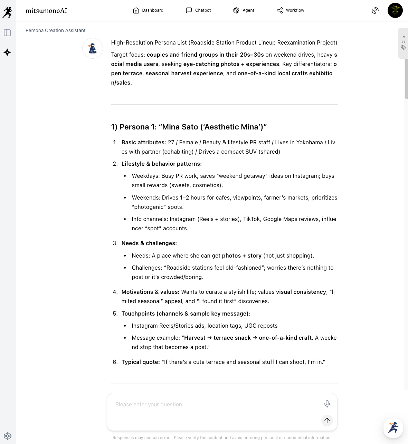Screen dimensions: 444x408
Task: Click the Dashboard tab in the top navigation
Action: (148, 10)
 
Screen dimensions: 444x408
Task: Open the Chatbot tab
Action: (198, 10)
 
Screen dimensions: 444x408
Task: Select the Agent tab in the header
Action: (244, 10)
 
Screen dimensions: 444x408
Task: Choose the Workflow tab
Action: (291, 10)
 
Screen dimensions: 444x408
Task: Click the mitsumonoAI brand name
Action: (46, 11)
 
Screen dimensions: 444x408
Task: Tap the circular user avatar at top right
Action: (395, 10)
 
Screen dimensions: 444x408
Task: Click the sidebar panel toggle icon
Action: (7, 33)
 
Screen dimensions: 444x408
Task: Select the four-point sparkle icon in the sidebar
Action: (7, 52)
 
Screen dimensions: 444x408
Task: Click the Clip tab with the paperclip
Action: (403, 43)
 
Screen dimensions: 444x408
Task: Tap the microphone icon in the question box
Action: (327, 404)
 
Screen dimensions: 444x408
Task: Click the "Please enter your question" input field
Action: (214, 404)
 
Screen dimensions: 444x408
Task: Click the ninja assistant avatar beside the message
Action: (93, 48)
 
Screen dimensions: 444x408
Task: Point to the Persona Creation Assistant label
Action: (56, 30)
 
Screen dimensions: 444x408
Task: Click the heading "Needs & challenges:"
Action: (149, 243)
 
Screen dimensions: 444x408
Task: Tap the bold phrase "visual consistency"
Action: (301, 292)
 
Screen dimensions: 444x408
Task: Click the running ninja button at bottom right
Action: (393, 428)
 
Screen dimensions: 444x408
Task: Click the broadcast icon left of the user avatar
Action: (375, 11)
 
